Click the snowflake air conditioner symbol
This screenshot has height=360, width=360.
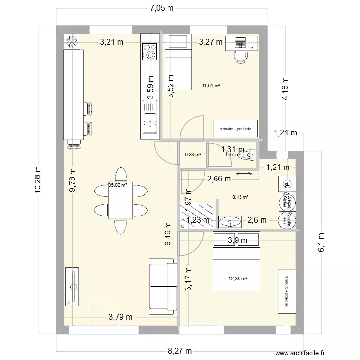(x=72, y=42)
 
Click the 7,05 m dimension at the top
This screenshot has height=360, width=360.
(x=161, y=7)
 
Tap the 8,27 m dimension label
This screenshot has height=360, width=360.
(x=180, y=351)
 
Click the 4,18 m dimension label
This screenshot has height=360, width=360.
(x=285, y=89)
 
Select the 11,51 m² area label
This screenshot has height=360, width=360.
(x=211, y=86)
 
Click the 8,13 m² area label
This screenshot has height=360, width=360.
(x=240, y=197)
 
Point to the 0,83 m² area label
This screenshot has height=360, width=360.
(x=192, y=155)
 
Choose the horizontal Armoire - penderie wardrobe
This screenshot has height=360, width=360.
(x=236, y=129)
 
